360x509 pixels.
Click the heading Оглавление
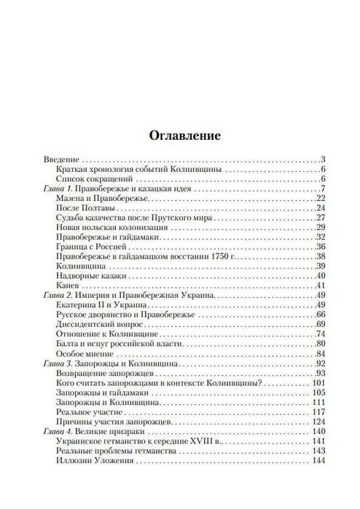coord(179,135)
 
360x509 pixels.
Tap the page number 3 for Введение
coord(322,159)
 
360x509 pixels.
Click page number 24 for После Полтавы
coord(320,208)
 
